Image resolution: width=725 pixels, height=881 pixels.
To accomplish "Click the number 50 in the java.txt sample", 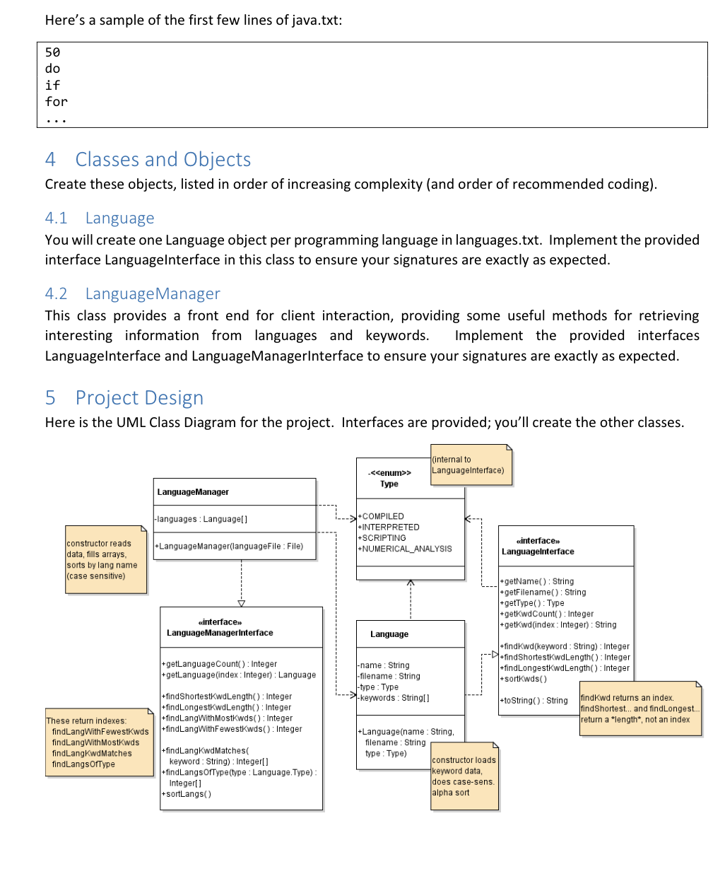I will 52,52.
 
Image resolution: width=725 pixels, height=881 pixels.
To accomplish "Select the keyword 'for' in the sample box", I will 56,102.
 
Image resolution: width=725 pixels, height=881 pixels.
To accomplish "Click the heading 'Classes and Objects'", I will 163,160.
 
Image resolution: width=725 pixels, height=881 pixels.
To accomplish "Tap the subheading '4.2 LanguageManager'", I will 133,293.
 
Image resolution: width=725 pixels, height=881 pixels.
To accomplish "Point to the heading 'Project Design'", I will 139,398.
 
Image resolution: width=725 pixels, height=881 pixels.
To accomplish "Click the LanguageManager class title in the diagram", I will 193,492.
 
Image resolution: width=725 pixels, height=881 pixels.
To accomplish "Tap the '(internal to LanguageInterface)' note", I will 469,465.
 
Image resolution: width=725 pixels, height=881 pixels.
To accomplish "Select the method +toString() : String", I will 534,701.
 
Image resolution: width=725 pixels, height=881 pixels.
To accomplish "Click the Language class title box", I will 389,634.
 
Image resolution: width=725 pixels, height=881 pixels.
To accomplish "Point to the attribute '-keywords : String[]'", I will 393,698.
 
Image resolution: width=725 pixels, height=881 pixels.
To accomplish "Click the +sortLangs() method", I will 187,794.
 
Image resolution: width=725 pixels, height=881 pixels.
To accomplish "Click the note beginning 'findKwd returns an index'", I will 639,708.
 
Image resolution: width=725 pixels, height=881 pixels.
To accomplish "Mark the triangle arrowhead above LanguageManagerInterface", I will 242,603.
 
